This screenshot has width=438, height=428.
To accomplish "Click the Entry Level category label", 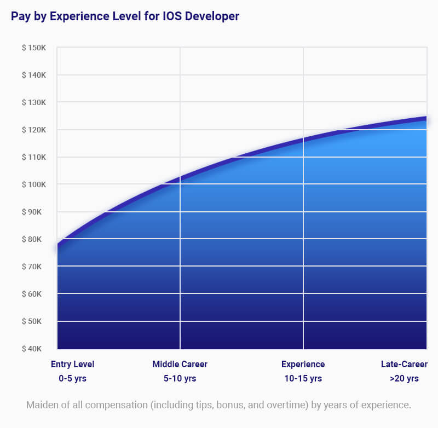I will click(x=73, y=365).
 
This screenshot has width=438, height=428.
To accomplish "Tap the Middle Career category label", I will click(x=180, y=365).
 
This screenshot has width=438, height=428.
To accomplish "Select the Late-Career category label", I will click(x=404, y=365).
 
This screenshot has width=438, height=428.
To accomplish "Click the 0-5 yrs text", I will click(x=73, y=378).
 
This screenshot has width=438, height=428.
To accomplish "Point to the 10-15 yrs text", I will click(x=303, y=378).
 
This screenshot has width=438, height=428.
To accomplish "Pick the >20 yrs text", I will click(x=404, y=378).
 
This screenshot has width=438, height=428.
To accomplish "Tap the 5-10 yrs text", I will click(x=180, y=378).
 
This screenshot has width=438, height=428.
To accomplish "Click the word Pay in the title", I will click(x=20, y=16).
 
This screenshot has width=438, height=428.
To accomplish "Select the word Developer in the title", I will click(x=211, y=16).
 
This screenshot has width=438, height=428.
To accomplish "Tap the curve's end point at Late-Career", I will click(x=426, y=118).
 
